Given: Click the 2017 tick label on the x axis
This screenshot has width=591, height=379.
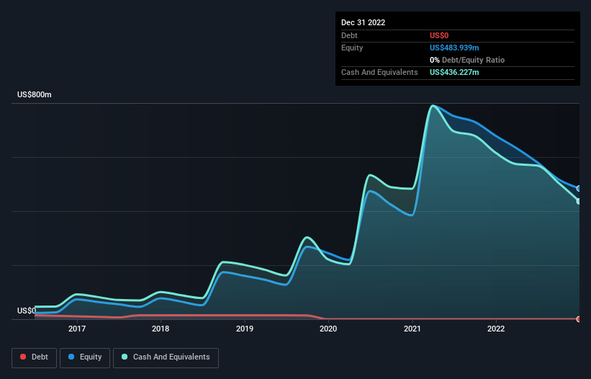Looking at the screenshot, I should pos(77,329).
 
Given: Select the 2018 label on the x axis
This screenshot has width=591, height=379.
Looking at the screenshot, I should pos(161,329).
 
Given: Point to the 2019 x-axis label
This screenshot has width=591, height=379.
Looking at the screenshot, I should pos(245,329).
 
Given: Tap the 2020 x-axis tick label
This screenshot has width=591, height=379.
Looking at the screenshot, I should pos(328,329).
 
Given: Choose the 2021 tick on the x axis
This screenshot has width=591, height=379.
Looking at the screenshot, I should pos(412,329).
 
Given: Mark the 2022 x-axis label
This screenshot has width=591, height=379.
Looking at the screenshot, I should pos(496,329).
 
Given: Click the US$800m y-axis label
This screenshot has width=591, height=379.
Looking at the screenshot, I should pos(35,95).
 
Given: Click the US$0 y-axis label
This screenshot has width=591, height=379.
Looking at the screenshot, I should pos(27,311).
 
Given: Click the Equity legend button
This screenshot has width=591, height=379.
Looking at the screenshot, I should pos(85,357).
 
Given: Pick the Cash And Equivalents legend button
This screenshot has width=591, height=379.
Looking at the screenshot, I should pos(166,357).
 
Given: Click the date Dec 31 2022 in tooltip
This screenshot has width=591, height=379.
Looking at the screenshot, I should pos(364,22).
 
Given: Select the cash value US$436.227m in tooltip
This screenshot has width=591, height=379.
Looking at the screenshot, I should pos(454,72).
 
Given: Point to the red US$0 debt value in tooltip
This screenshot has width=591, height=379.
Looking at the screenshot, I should pos(440,35).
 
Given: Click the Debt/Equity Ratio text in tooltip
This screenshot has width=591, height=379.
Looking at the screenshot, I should pos(472,60).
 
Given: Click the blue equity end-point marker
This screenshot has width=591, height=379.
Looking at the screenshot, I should pos(579,188).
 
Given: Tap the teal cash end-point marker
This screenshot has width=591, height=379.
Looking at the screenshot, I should pos(579,201).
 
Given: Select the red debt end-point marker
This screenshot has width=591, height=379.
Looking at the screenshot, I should pos(579,318).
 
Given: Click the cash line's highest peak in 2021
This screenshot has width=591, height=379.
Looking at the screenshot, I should pos(432,106).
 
